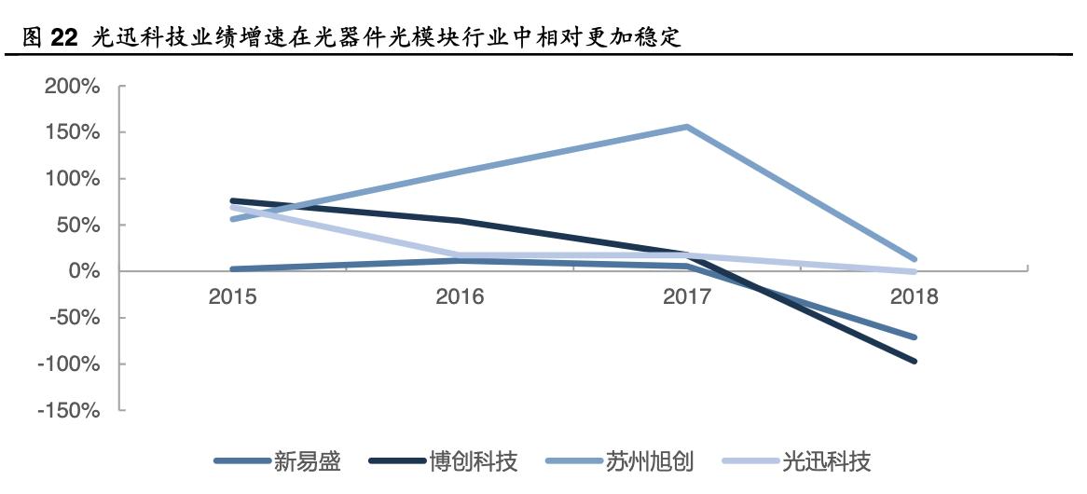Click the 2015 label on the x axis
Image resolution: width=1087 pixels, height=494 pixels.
[233, 297]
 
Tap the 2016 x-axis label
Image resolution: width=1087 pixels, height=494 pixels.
[460, 297]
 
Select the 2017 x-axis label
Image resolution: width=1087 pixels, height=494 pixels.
[687, 297]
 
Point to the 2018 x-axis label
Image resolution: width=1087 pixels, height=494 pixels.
[914, 297]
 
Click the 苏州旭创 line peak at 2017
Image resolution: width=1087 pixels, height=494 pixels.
[687, 127]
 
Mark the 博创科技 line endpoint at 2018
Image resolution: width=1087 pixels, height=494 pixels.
[914, 361]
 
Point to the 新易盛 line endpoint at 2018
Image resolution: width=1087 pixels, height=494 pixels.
[914, 337]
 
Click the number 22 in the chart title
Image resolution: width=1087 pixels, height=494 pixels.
[63, 38]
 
